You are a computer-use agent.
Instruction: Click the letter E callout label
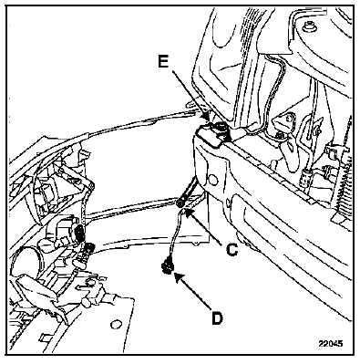point(163,62)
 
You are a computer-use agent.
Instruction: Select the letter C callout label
point(231,250)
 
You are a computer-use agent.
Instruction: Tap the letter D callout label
point(217,318)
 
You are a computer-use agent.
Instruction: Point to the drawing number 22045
point(331,344)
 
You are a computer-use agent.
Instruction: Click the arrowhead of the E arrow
point(207,117)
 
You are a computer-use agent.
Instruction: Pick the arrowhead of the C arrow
point(189,212)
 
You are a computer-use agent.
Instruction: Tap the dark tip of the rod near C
point(181,202)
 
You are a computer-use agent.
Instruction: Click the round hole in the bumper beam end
point(213,181)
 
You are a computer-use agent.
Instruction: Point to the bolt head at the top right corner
point(309,26)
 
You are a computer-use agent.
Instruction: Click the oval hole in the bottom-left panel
point(115,325)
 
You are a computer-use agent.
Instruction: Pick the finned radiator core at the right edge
point(343,182)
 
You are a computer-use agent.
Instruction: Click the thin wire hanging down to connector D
point(174,234)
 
